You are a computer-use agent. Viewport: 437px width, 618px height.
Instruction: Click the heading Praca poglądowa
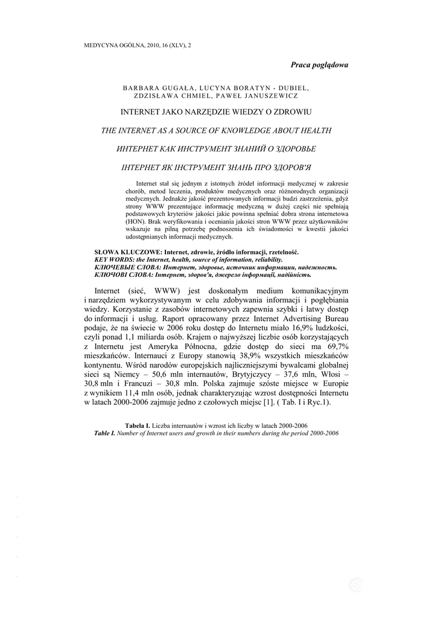click(319, 65)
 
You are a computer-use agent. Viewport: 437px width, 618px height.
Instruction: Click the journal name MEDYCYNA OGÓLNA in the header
click(110, 45)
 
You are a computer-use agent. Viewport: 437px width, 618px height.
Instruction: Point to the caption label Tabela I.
click(138, 426)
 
